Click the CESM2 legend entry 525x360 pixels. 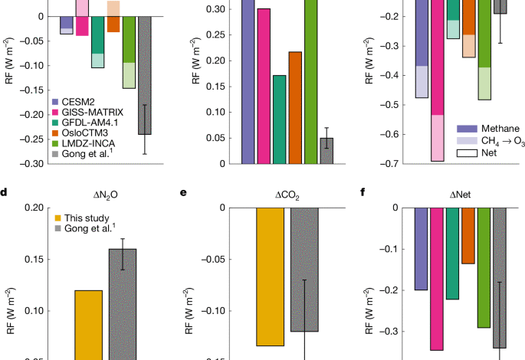(x=77, y=101)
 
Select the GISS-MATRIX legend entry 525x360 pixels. (x=87, y=112)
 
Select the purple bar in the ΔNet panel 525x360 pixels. (x=421, y=248)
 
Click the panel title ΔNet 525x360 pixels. (x=460, y=196)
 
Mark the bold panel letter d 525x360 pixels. (x=5, y=195)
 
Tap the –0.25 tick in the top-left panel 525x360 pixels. (x=30, y=139)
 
